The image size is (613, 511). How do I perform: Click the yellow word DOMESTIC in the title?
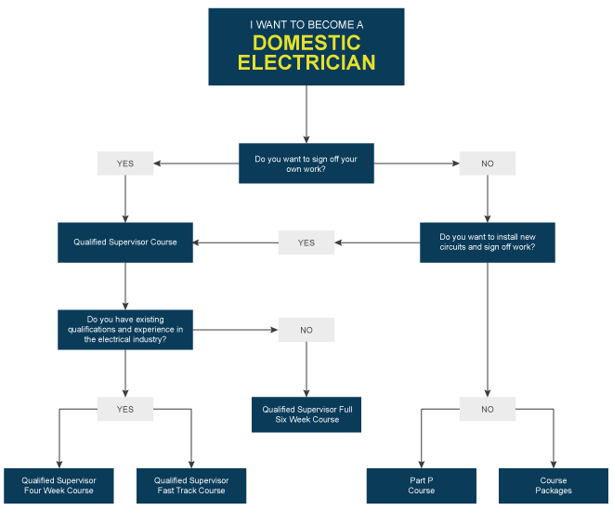[x=306, y=43]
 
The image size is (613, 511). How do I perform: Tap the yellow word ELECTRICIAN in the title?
[x=306, y=62]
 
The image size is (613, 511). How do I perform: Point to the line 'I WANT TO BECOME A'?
[x=306, y=25]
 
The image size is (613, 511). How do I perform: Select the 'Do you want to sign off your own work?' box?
[x=306, y=164]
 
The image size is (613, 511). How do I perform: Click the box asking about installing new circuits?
[x=488, y=242]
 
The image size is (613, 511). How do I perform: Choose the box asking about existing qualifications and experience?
[x=125, y=330]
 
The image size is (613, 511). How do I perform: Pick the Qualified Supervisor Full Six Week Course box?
[x=306, y=414]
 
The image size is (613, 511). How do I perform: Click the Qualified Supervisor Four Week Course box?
[x=59, y=486]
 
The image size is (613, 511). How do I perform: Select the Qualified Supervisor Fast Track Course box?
[x=191, y=486]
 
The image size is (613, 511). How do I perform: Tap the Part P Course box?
[x=422, y=486]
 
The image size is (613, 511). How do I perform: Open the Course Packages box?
[x=554, y=486]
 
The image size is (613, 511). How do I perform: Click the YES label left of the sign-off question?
[x=125, y=164]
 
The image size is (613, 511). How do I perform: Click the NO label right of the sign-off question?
[x=488, y=164]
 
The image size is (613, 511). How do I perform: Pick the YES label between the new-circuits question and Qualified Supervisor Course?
[x=306, y=242]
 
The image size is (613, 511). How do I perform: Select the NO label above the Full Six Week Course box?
[x=306, y=330]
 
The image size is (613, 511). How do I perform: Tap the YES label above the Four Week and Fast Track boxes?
[x=125, y=409]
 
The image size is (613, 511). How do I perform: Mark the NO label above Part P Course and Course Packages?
[x=488, y=409]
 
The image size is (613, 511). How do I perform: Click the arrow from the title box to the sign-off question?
[x=306, y=114]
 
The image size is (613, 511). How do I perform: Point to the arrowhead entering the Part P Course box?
[x=422, y=465]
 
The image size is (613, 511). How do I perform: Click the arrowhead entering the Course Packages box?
[x=554, y=465]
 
